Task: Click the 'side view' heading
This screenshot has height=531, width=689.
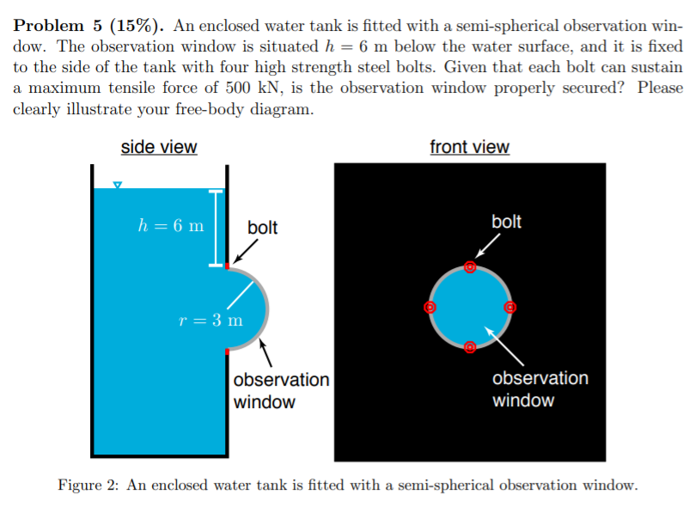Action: tap(159, 147)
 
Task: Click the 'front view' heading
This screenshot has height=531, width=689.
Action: tap(469, 147)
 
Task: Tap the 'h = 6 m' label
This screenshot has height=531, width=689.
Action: tap(171, 226)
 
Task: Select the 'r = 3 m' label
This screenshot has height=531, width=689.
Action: tap(210, 320)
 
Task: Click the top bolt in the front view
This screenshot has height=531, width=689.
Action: tap(469, 267)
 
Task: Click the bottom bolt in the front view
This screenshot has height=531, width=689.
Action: tap(469, 347)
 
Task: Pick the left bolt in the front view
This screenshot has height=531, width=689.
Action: tap(430, 307)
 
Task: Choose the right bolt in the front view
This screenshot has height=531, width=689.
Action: tap(509, 307)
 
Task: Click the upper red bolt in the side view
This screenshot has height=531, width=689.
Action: tap(227, 266)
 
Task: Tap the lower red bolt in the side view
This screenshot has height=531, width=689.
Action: tap(227, 350)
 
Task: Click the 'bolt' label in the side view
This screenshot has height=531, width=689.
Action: tap(262, 228)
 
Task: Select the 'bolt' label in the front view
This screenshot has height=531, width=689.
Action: tap(506, 222)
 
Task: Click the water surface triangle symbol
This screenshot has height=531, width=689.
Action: tap(119, 185)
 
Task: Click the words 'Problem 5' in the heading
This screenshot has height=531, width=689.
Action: tap(53, 24)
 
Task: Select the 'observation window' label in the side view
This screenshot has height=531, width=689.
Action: tap(281, 390)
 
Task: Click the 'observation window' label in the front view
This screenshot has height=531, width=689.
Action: tap(540, 389)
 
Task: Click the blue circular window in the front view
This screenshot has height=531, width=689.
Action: tap(469, 307)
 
